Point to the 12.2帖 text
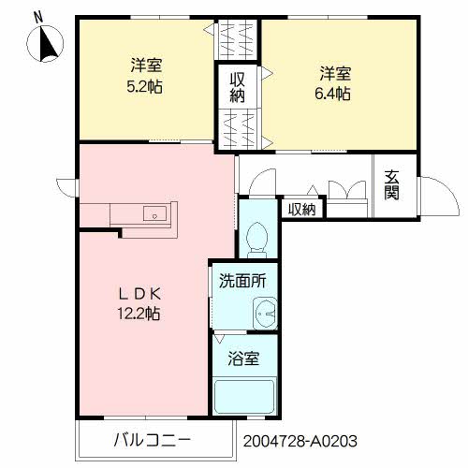[x=139, y=314]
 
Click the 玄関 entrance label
[x=391, y=185]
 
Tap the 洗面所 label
[x=242, y=280]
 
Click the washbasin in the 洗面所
[x=264, y=313]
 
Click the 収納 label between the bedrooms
[x=238, y=88]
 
